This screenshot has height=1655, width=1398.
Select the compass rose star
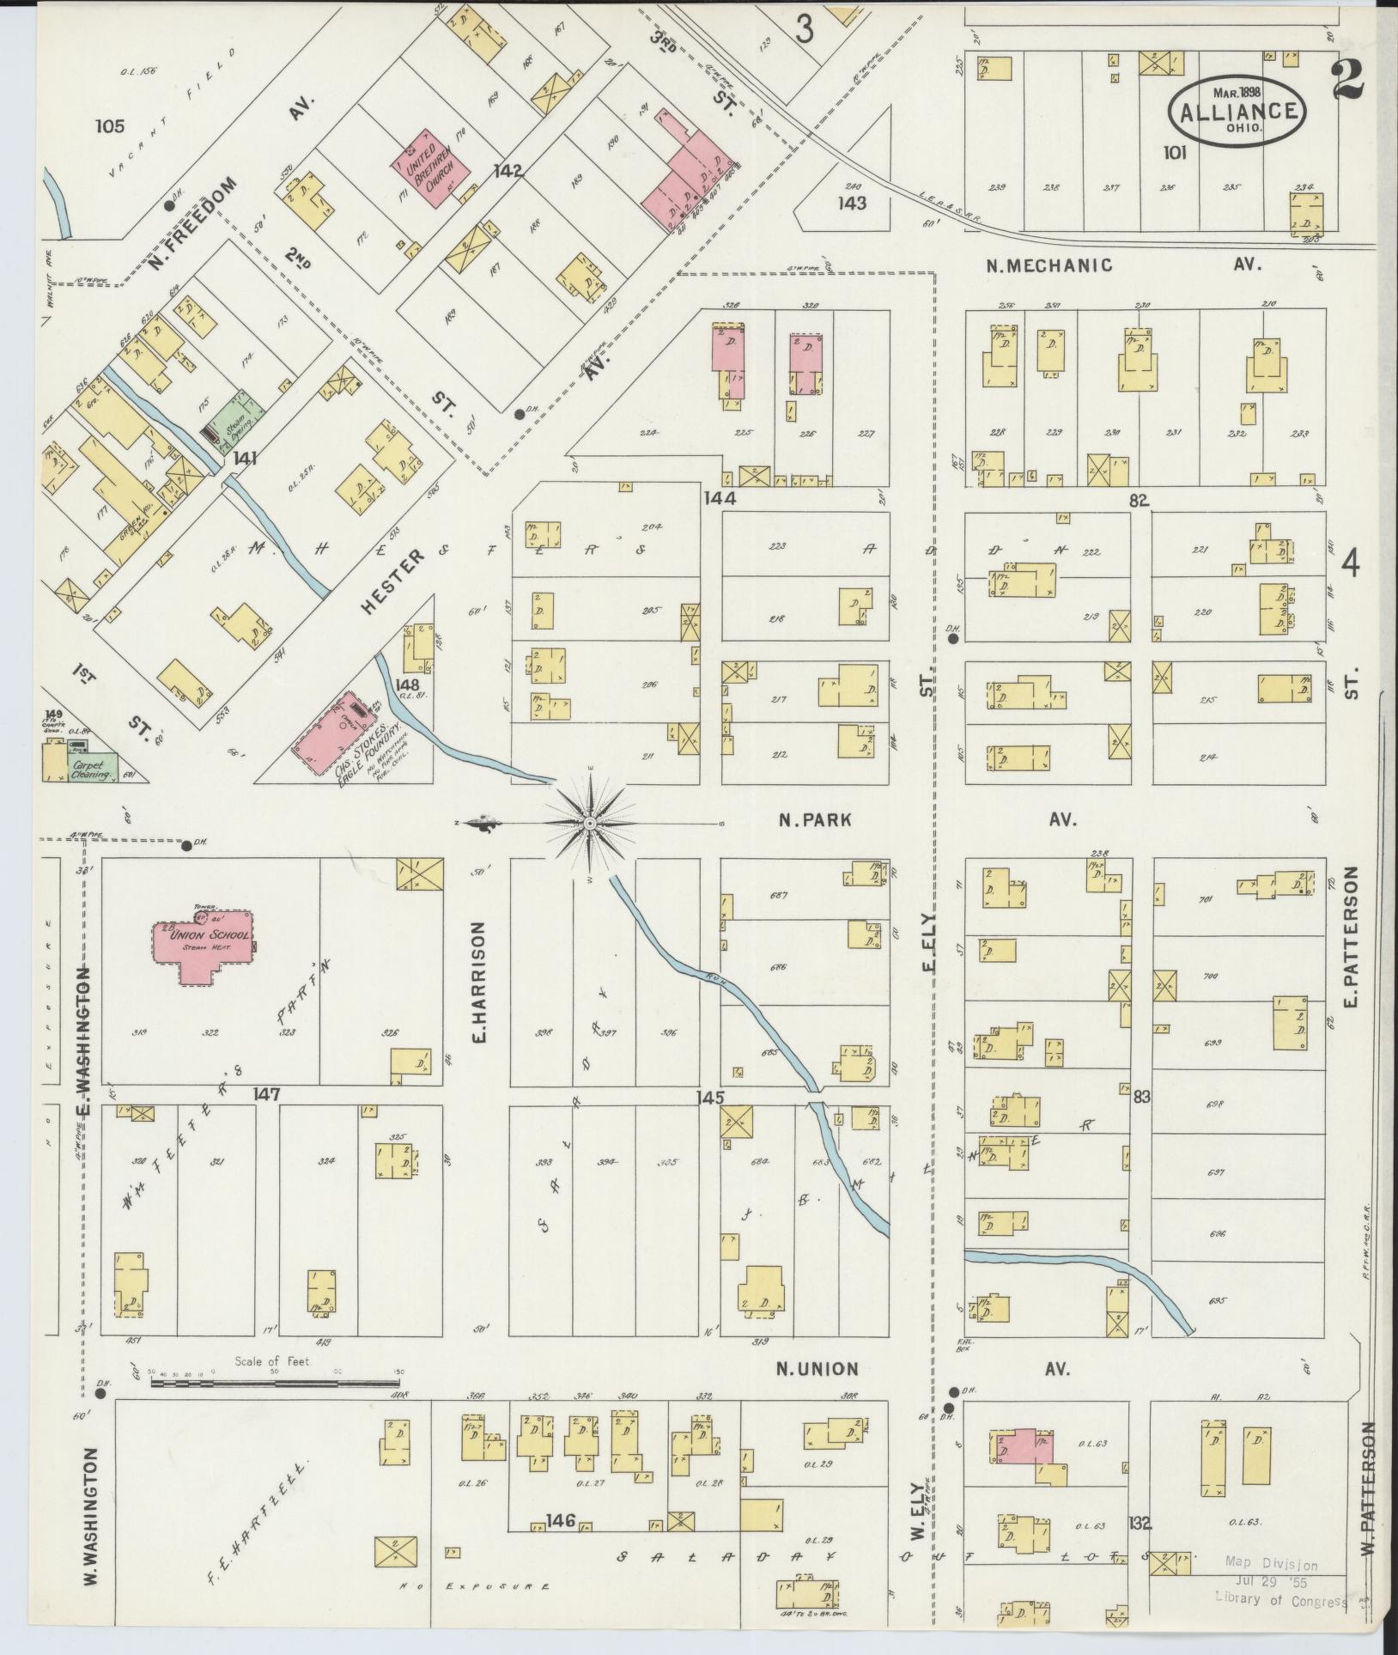(590, 824)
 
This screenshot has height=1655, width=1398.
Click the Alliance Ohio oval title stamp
(1237, 109)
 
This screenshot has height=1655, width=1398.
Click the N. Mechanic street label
(1048, 265)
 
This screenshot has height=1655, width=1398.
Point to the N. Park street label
(815, 819)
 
